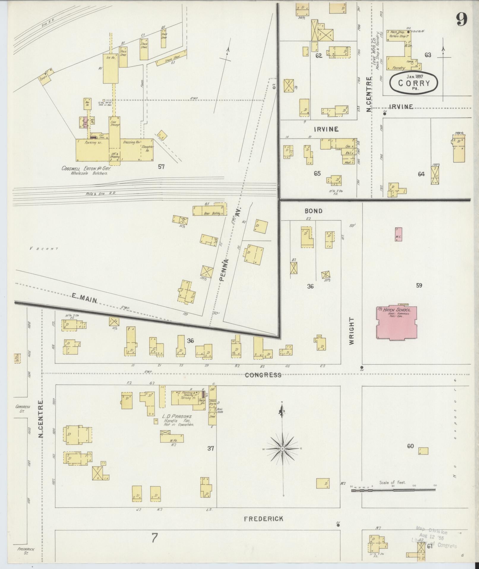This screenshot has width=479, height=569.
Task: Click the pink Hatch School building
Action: coord(397,322)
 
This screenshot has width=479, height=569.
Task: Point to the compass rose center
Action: coord(283,449)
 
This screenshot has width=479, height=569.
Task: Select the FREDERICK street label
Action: coord(263,519)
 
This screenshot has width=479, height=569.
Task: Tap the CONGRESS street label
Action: coord(263,375)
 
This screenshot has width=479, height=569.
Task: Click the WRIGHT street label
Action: coord(352,331)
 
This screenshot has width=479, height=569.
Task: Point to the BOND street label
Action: coord(313,211)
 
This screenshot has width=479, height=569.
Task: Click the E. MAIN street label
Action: coord(85,298)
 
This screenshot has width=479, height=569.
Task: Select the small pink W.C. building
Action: coord(399,234)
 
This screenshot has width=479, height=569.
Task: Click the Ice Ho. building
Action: coord(110,68)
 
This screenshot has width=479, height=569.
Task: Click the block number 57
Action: coord(161,167)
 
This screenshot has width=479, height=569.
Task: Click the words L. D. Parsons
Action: coord(177,417)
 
